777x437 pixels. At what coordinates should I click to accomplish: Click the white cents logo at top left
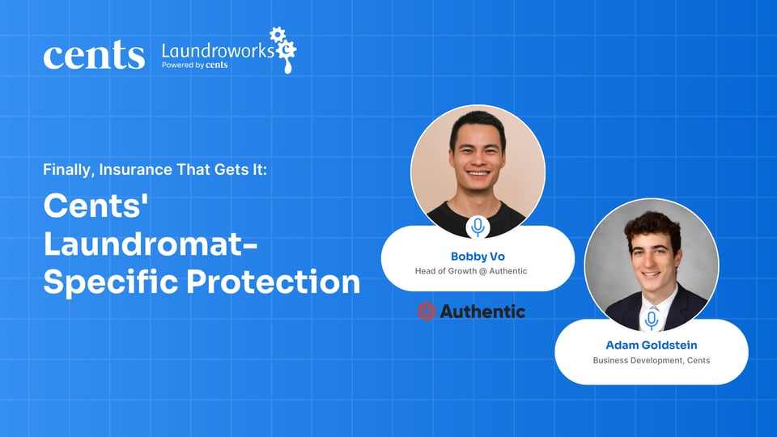94,55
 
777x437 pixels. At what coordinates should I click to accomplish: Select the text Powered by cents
195,66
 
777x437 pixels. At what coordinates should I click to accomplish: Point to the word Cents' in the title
94,206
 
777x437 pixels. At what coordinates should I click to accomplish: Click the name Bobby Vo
478,257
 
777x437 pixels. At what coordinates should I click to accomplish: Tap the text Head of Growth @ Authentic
478,271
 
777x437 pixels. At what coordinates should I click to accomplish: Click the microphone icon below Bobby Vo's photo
478,227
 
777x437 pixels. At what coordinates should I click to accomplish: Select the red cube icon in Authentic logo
427,311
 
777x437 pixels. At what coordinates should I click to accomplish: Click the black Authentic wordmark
482,312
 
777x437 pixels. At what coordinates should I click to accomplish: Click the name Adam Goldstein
652,345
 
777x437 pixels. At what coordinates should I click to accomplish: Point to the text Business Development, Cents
652,360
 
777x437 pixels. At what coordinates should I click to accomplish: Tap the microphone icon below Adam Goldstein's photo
652,320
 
